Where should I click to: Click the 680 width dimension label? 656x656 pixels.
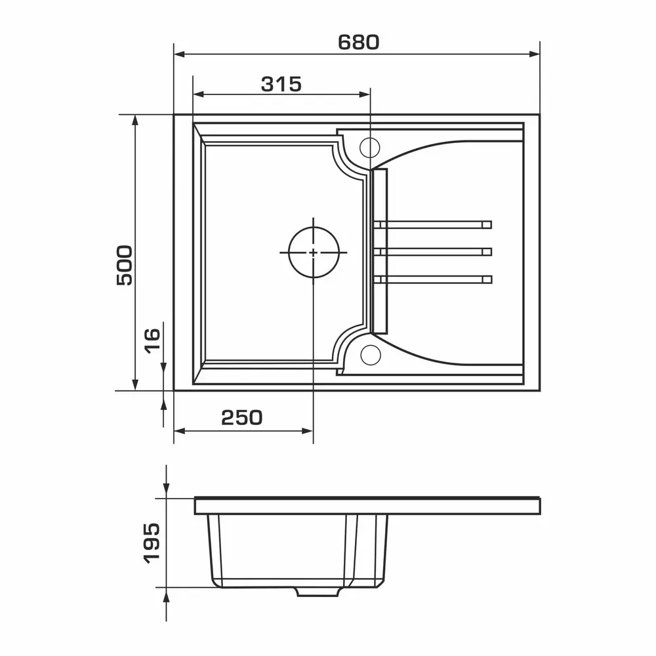pos(359,42)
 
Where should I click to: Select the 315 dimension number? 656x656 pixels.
pos(281,84)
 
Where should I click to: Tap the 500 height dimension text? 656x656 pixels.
pos(125,265)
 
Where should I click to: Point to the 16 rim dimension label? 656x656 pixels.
pos(152,341)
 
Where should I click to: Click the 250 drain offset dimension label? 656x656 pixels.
pos(242,417)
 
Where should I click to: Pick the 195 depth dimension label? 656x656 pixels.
pos(152,543)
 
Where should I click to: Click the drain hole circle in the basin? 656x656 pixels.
pos(314,253)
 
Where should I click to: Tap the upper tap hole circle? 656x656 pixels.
pos(369,147)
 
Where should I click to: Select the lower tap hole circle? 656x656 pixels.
pos(370,355)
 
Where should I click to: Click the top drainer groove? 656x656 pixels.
pos(433,224)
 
